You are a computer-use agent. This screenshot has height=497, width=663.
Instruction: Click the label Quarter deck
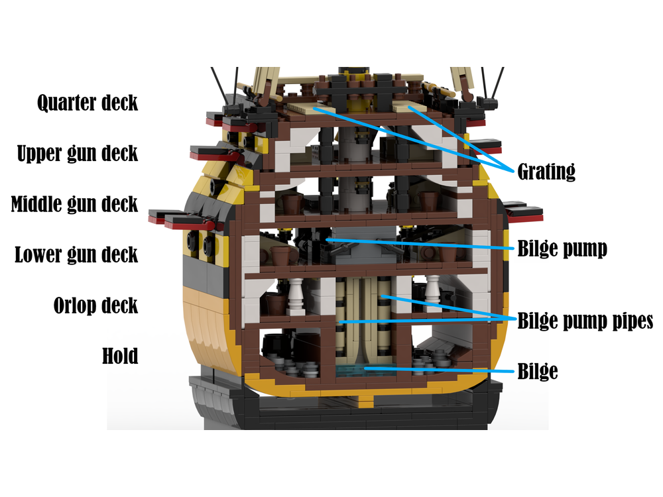[88, 103]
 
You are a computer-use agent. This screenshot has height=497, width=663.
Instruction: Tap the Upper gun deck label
[78, 153]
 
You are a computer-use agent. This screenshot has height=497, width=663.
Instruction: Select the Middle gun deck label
[74, 203]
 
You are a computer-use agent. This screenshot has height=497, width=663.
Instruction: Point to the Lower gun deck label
[76, 254]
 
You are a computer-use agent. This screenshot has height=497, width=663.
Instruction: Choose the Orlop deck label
[95, 305]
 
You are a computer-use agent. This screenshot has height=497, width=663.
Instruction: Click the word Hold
[120, 356]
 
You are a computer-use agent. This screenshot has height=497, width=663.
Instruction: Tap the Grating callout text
[546, 172]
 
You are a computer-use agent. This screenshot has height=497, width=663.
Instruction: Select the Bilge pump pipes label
[585, 322]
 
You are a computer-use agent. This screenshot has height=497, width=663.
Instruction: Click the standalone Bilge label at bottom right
[537, 372]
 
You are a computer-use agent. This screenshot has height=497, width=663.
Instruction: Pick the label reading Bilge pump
[562, 249]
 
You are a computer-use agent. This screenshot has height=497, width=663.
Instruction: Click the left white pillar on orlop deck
[297, 296]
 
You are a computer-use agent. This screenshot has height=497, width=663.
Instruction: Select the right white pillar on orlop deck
[434, 294]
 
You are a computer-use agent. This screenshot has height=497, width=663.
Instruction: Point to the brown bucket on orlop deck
[273, 304]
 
